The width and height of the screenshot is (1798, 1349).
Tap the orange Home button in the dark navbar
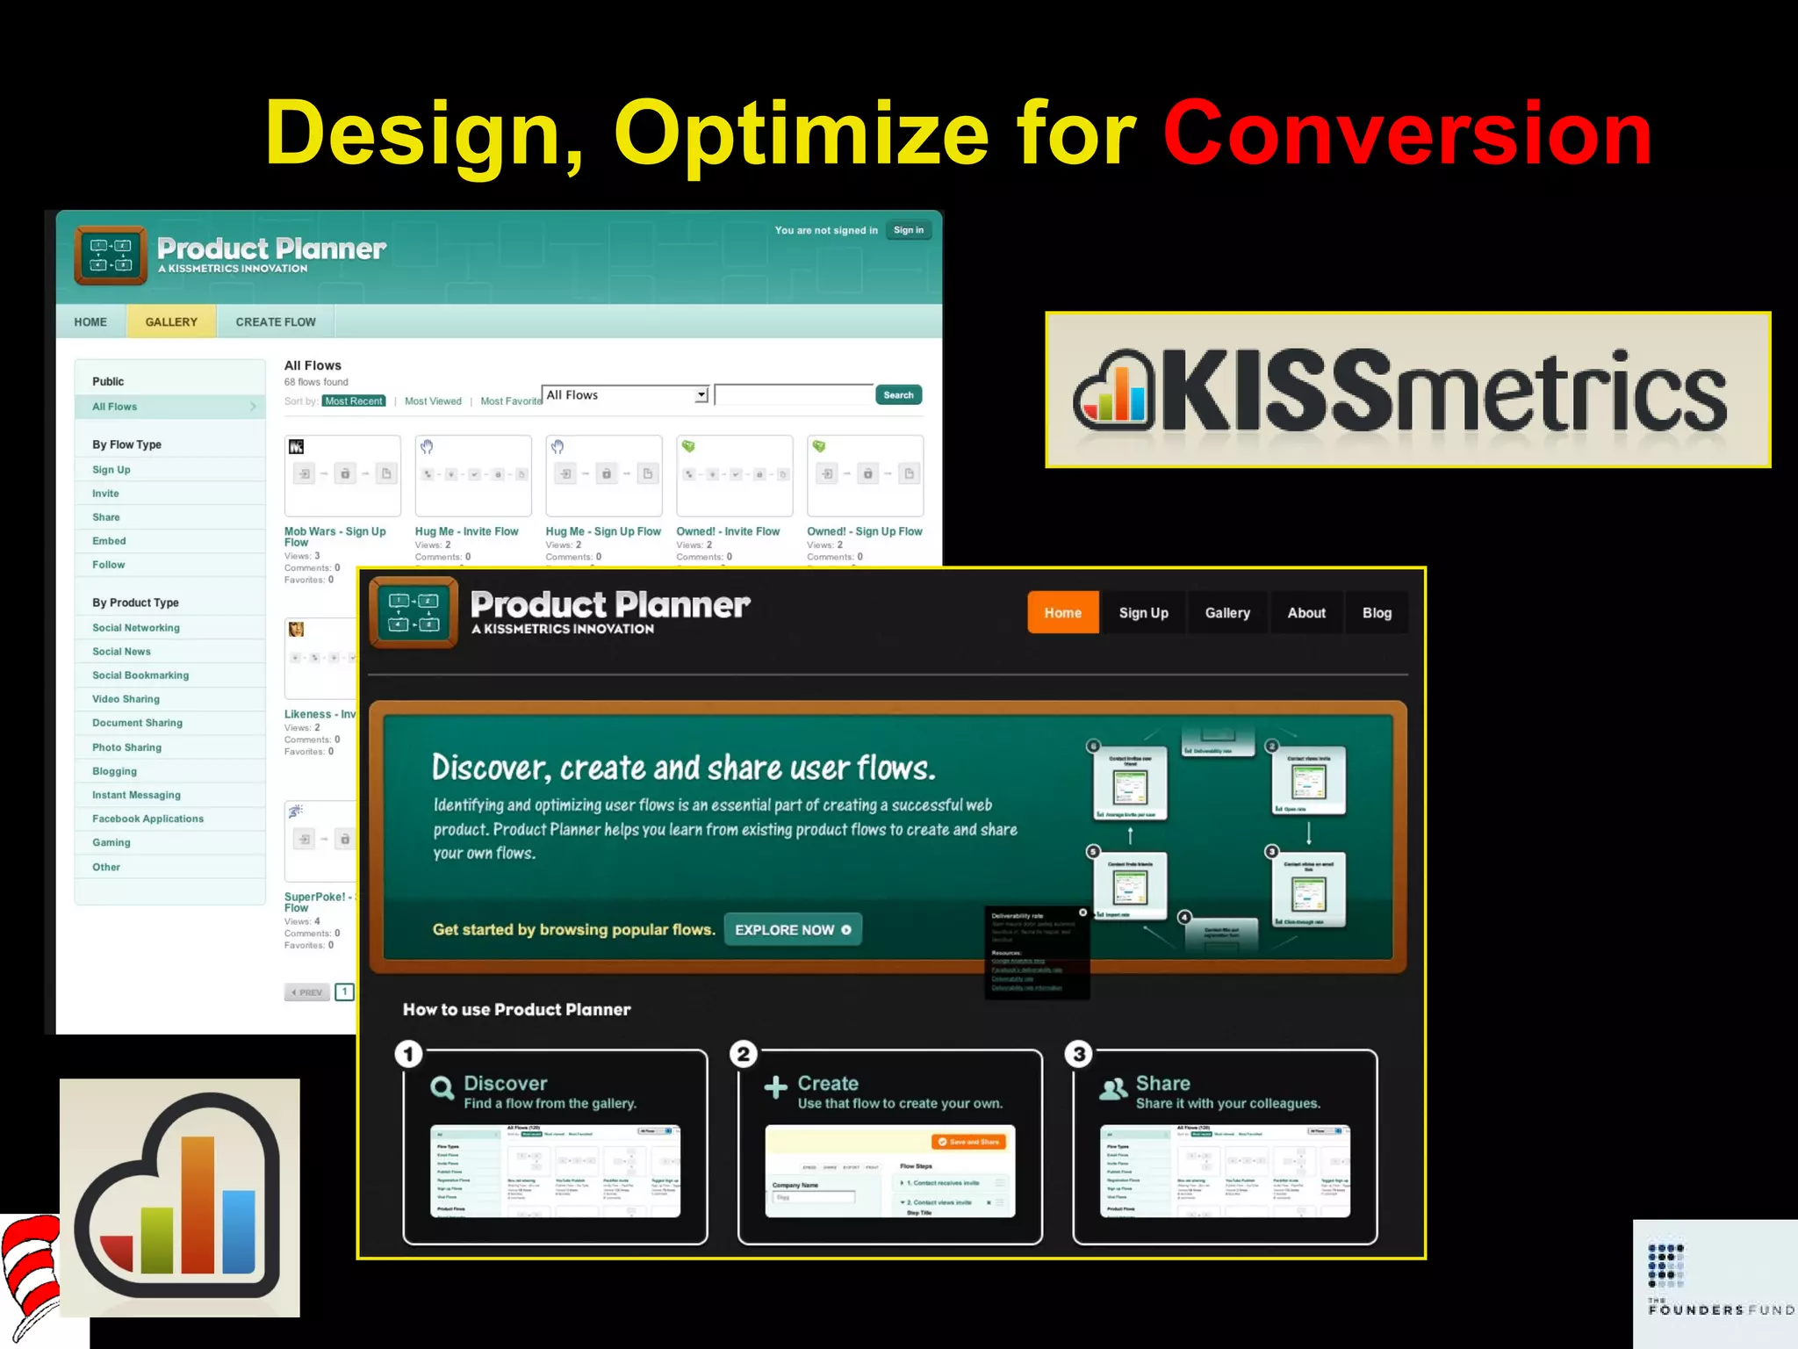click(x=1062, y=613)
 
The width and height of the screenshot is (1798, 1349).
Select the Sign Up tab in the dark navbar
click(x=1143, y=613)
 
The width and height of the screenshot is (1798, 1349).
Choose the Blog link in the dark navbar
click(x=1377, y=613)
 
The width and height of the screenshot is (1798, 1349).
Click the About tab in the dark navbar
click(x=1306, y=613)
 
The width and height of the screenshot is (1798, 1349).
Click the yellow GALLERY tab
click(x=171, y=322)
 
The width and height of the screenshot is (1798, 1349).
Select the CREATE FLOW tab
click(x=276, y=322)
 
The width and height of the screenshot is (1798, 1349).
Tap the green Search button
click(x=898, y=395)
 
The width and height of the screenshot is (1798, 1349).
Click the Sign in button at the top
click(x=908, y=230)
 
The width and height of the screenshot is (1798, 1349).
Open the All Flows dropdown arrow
click(x=701, y=395)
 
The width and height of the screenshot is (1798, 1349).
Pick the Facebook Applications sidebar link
click(x=147, y=819)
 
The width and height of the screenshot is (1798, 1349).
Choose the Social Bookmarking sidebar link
click(x=140, y=675)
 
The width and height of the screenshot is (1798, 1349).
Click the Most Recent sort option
click(x=354, y=401)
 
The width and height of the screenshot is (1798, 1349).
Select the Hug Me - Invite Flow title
click(x=466, y=531)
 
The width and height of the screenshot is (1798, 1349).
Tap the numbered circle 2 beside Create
click(x=744, y=1054)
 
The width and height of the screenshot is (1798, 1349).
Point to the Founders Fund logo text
click(x=1721, y=1310)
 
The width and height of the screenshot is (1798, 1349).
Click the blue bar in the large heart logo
click(x=239, y=1231)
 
